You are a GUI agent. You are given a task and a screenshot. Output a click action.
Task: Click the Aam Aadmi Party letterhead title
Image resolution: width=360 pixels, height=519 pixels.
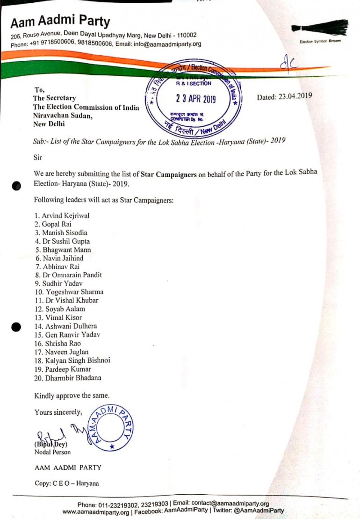coord(61,22)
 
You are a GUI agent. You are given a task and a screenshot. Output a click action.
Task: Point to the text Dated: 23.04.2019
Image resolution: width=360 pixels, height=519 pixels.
coord(284,96)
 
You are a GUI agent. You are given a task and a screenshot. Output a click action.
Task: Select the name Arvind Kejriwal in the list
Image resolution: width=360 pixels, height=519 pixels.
coord(65,216)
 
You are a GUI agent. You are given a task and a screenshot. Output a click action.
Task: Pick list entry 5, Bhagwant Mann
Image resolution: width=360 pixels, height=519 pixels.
coord(65,250)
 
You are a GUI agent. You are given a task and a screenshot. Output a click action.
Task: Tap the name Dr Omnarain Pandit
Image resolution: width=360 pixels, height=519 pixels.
coord(70,275)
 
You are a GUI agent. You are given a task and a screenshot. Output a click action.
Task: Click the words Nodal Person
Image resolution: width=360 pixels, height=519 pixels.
coord(52,452)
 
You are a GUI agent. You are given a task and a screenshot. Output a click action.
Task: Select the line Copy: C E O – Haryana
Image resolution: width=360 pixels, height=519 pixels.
coord(66,483)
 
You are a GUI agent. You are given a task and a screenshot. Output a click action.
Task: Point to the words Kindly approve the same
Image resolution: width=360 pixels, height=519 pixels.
coord(72,396)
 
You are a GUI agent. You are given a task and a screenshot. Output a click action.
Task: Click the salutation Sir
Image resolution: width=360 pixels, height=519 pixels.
coord(38,157)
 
